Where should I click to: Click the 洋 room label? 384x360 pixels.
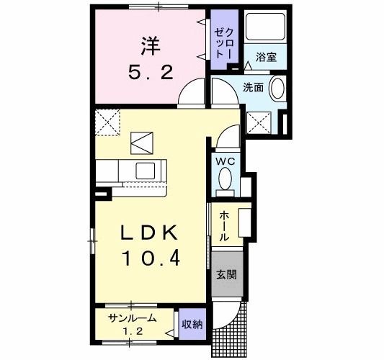click(x=151, y=46)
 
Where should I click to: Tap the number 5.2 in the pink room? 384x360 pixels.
click(x=151, y=73)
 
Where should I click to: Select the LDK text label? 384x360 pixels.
click(x=149, y=233)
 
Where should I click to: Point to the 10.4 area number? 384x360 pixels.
click(x=151, y=258)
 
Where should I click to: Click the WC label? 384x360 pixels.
click(x=225, y=161)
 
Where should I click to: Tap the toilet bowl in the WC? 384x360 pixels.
click(x=225, y=179)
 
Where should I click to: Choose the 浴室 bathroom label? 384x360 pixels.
click(x=266, y=58)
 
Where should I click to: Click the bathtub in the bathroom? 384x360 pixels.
click(x=265, y=27)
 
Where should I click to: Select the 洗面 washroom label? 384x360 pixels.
click(x=253, y=87)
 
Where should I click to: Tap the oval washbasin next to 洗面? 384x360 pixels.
click(x=277, y=88)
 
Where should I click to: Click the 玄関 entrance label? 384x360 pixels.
click(x=226, y=274)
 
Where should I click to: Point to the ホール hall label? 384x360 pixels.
click(x=224, y=227)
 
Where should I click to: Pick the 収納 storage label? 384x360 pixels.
click(x=192, y=325)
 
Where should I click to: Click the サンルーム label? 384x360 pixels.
click(x=133, y=318)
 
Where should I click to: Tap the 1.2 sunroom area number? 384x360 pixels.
click(x=133, y=332)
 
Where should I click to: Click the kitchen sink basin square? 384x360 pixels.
click(x=146, y=171)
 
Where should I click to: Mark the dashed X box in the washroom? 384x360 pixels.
click(x=259, y=122)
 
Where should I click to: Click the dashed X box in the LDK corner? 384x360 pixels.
click(x=107, y=122)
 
